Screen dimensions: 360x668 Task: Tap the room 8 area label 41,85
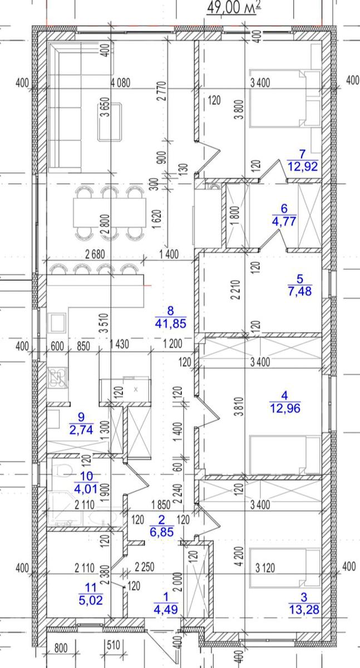(x=170, y=323)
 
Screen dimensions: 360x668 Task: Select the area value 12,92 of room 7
(x=303, y=166)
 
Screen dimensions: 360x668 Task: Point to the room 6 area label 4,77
(x=284, y=222)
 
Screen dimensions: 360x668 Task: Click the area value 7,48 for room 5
(x=300, y=291)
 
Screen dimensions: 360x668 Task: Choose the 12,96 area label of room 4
(x=285, y=408)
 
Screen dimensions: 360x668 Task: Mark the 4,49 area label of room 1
(x=166, y=609)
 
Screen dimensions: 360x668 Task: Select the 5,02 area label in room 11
(x=91, y=600)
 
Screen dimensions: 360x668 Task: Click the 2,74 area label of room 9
(x=81, y=430)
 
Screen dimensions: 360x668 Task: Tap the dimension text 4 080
(x=120, y=82)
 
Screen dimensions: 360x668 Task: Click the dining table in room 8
(x=110, y=213)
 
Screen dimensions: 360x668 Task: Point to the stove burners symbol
(x=57, y=379)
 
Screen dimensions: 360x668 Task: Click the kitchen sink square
(x=57, y=323)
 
